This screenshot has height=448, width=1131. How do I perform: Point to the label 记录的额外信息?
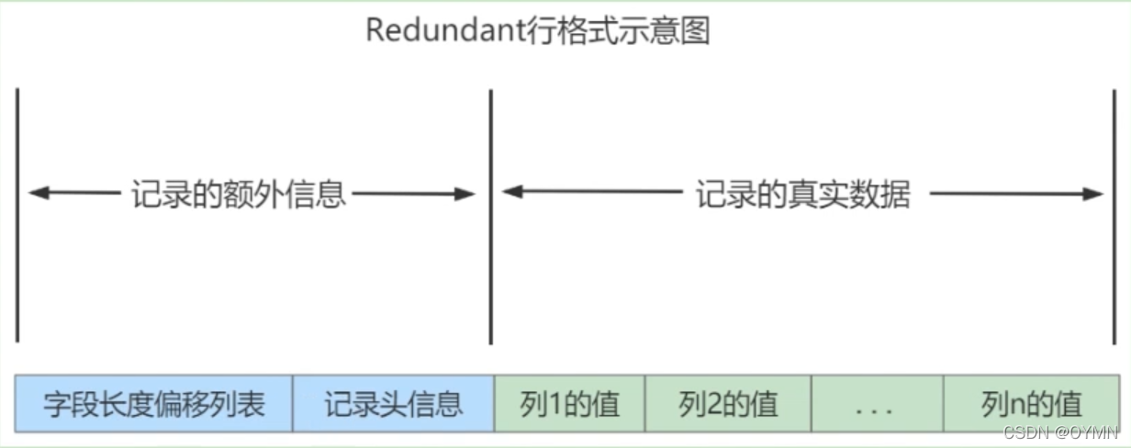point(238,195)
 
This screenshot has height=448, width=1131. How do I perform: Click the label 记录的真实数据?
point(802,195)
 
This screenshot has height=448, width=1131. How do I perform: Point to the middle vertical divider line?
point(491,216)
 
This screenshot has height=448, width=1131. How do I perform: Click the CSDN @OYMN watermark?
point(1065,432)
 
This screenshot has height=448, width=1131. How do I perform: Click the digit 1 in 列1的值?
point(555,404)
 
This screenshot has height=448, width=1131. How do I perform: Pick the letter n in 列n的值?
point(1016,405)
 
